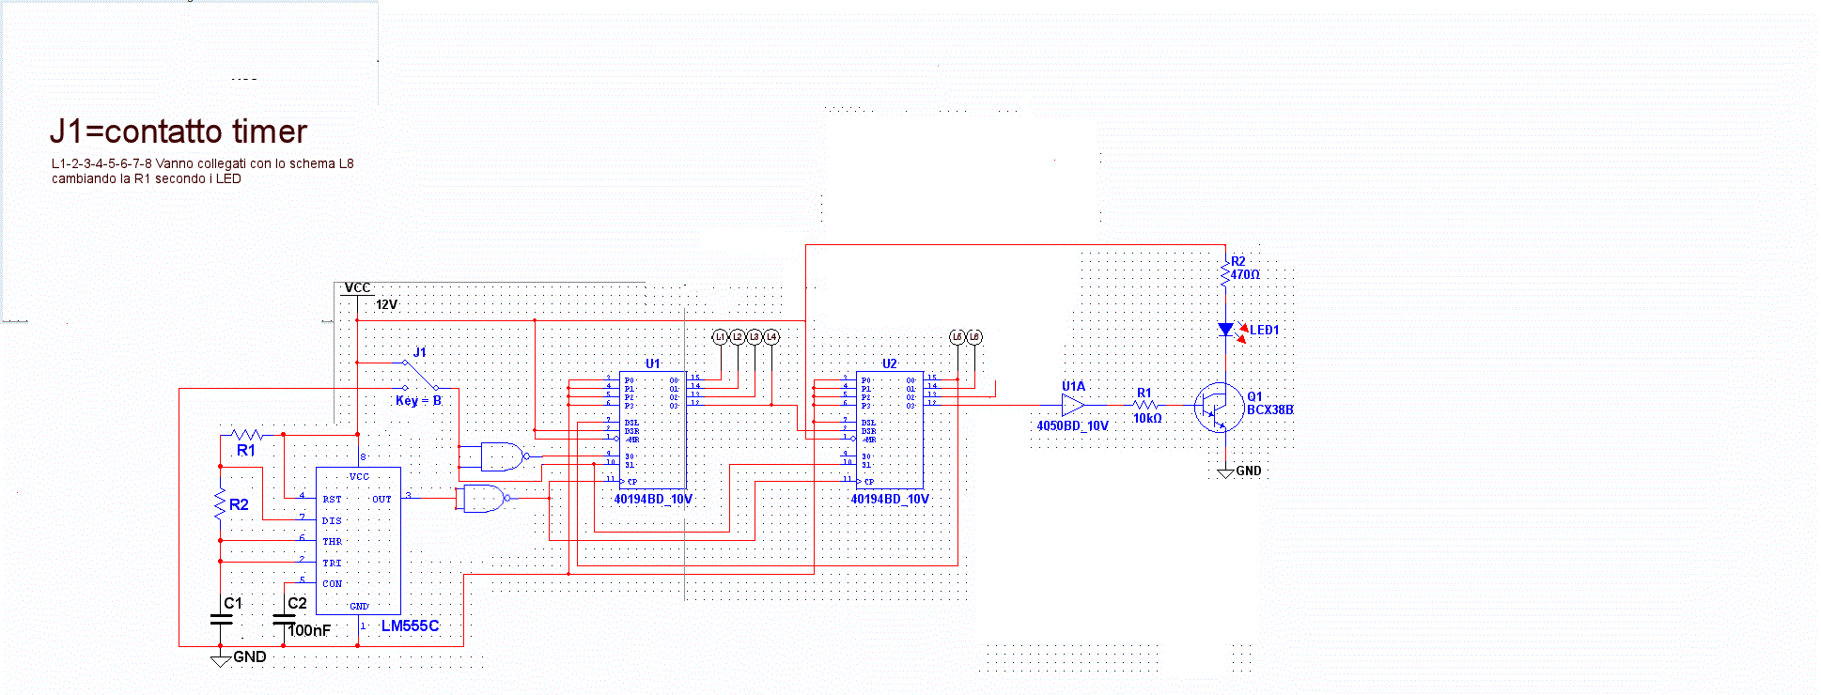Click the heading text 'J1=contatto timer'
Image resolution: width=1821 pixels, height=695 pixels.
[179, 131]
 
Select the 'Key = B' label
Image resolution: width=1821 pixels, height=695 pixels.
[418, 401]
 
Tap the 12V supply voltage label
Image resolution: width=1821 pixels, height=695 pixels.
[386, 305]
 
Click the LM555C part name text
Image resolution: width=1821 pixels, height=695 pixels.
[410, 626]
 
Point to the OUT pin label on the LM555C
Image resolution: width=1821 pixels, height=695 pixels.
[381, 500]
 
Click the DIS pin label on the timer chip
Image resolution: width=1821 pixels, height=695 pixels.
[332, 521]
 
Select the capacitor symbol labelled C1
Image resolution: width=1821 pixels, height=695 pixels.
[221, 619]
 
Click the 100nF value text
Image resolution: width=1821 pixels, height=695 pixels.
[309, 631]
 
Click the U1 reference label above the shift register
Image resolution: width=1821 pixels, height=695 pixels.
[652, 363]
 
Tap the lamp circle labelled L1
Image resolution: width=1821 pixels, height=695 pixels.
[721, 337]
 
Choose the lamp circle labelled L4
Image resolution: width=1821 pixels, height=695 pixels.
[771, 337]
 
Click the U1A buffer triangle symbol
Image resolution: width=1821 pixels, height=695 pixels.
[1072, 406]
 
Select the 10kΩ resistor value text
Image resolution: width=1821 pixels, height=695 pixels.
[1147, 419]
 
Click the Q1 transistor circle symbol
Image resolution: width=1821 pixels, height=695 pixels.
[1219, 407]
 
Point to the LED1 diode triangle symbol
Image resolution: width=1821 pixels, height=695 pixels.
[1225, 330]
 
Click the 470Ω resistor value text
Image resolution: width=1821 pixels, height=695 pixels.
[1245, 275]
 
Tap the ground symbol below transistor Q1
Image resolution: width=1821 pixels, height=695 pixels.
[1225, 472]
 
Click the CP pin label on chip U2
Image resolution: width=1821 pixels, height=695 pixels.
[869, 482]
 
